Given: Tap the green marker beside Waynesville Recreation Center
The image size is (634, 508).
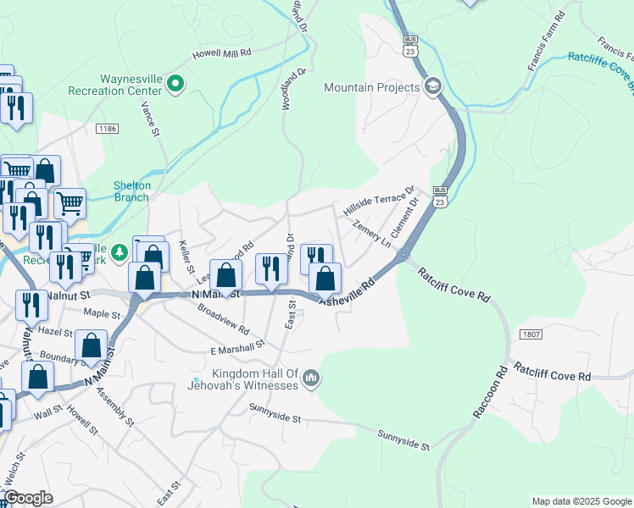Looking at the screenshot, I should click(x=175, y=83).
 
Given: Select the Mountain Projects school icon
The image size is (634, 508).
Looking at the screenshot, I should click(x=433, y=86).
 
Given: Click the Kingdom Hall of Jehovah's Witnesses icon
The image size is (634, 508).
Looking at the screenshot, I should click(x=311, y=378).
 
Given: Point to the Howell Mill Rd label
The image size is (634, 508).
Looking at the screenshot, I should click(x=221, y=52).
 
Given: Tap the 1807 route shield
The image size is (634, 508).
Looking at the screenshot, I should click(x=520, y=335).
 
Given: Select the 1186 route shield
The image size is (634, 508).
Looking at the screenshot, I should click(x=107, y=129).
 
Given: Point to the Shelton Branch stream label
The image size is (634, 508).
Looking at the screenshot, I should click(x=131, y=191).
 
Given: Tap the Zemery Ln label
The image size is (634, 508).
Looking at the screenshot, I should click(x=372, y=233).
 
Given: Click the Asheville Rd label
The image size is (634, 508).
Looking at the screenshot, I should click(x=347, y=293).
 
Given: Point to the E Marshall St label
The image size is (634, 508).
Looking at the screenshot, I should click(x=238, y=347).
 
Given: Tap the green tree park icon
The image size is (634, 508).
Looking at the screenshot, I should click(x=120, y=251).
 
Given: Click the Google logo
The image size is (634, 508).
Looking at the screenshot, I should click(x=28, y=498).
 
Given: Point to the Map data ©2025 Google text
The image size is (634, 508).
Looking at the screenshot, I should click(x=581, y=501).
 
